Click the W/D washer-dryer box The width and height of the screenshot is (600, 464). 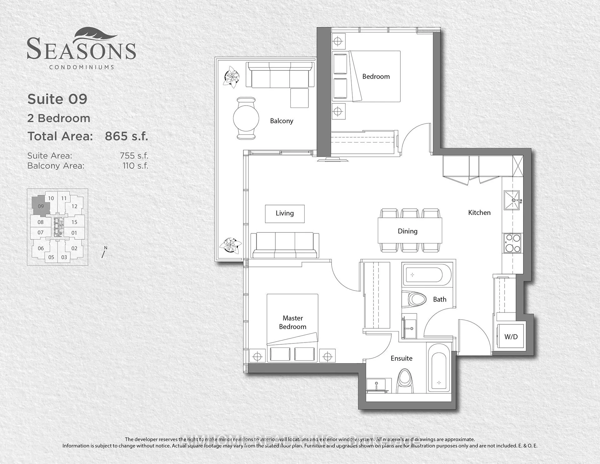(511, 336)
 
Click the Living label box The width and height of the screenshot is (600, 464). (285, 214)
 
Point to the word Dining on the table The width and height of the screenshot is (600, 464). (407, 231)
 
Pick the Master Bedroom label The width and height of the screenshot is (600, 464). (292, 322)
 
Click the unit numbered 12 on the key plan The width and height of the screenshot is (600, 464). (74, 206)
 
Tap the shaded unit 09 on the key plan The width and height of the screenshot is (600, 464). (41, 206)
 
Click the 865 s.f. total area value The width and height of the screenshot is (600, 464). (126, 136)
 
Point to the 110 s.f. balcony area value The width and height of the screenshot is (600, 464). (135, 166)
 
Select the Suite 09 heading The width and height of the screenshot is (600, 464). (57, 99)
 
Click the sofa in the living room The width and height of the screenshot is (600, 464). (285, 246)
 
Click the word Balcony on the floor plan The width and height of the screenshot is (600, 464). (282, 121)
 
